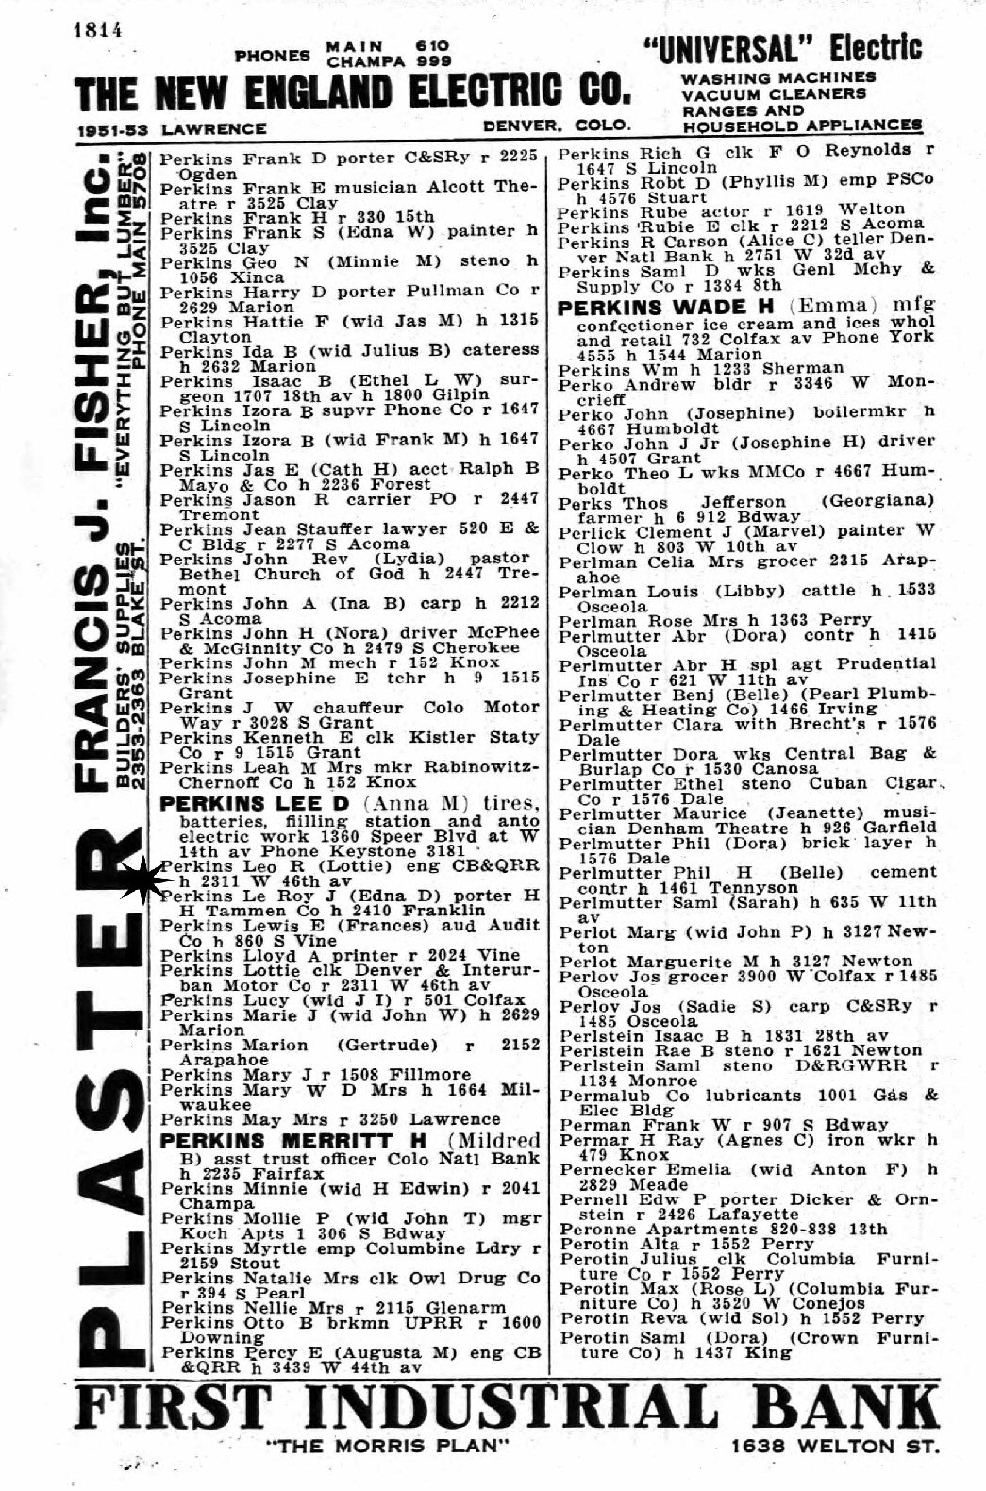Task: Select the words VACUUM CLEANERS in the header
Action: point(773,94)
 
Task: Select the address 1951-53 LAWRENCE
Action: point(173,127)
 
